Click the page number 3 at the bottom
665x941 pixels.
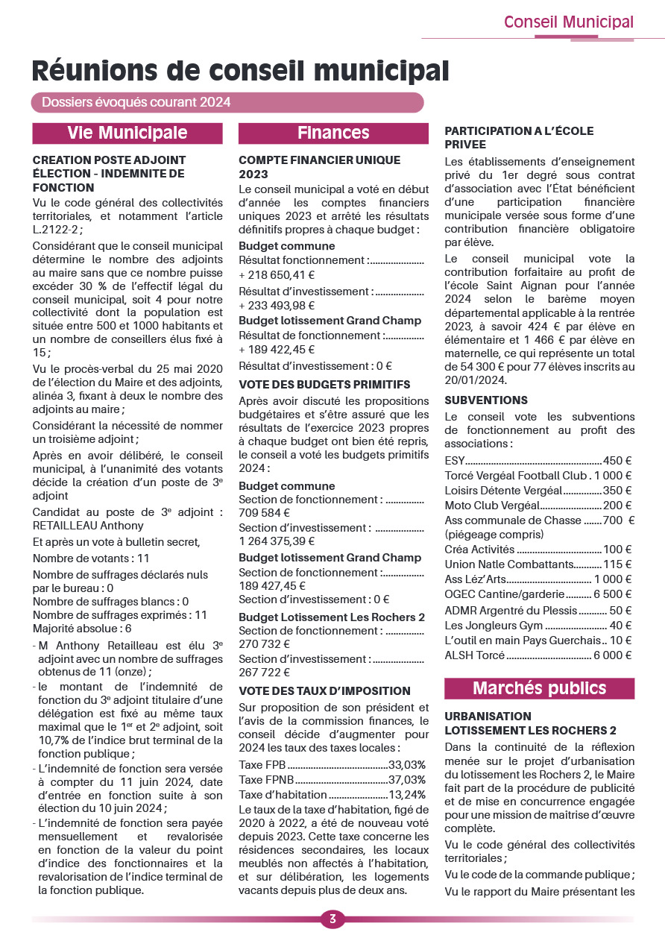332,919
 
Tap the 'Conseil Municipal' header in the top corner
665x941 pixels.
568,22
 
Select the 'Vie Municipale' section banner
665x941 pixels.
127,133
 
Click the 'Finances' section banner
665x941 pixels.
333,133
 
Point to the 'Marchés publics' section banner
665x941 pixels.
539,687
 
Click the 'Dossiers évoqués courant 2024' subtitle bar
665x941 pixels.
136,102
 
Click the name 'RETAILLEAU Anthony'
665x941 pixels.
88,526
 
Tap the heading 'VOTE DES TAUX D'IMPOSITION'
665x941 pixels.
325,690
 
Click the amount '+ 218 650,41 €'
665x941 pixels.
277,275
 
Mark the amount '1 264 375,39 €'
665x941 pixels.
277,541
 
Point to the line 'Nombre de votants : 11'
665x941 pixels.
91,558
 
